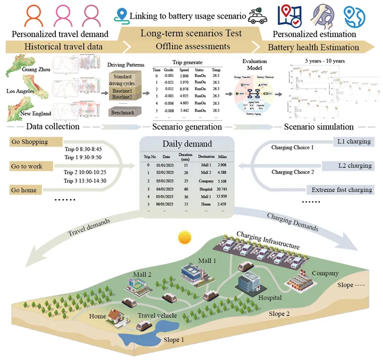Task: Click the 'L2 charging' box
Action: pos(354,166)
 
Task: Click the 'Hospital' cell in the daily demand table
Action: pos(207,188)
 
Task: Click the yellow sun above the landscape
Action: pos(184,236)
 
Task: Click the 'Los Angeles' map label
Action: pos(16,91)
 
